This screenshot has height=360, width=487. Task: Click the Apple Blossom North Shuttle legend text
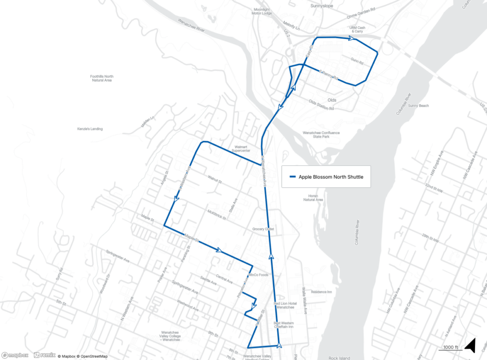pyautogui.click(x=331, y=177)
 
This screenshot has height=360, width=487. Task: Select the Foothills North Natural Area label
pyautogui.click(x=102, y=78)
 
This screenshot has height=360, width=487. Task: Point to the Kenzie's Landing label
pyautogui.click(x=90, y=129)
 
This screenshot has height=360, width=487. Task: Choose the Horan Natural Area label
pyautogui.click(x=313, y=198)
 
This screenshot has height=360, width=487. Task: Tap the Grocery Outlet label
pyautogui.click(x=263, y=229)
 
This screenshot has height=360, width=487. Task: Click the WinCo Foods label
pyautogui.click(x=259, y=275)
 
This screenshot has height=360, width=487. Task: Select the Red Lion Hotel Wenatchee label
pyautogui.click(x=285, y=305)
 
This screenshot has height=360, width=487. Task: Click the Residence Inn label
pyautogui.click(x=321, y=292)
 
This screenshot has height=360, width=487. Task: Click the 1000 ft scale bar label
pyautogui.click(x=450, y=347)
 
